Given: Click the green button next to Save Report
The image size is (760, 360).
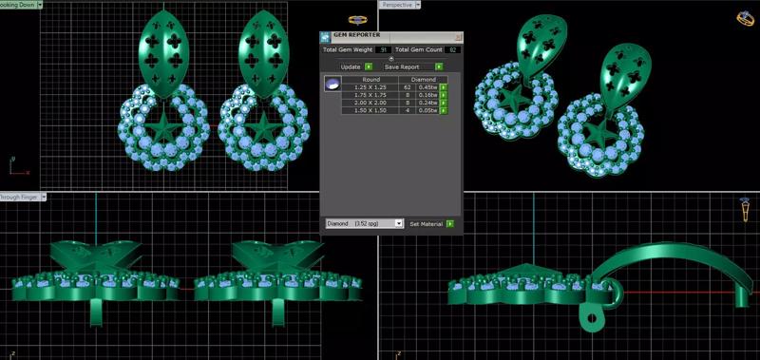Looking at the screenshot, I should [440, 66].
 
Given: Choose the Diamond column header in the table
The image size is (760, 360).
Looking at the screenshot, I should [424, 80].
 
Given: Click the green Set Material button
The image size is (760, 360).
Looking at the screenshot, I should [450, 224].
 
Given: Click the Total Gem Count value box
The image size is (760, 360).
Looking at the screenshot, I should [452, 48].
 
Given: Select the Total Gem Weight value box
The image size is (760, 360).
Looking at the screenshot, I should [383, 48].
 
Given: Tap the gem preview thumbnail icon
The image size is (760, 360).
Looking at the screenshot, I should [332, 85].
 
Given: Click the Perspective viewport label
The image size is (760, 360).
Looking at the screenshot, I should [398, 5].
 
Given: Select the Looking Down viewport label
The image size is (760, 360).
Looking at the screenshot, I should [21, 5].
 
